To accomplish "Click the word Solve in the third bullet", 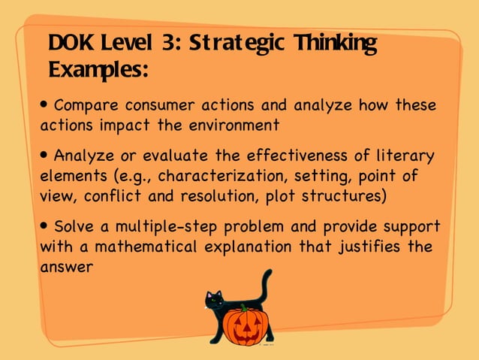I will click(74, 226).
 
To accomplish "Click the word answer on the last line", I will click(65, 266).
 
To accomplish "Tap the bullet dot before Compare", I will click(46, 103).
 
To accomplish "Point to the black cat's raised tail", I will click(265, 286).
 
